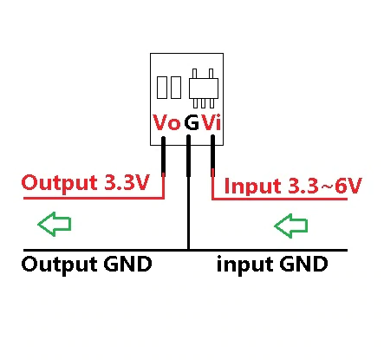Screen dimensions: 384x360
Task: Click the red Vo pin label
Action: pos(166,122)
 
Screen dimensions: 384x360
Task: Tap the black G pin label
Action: pos(192,122)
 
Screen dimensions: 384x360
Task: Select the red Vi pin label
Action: pos(212,122)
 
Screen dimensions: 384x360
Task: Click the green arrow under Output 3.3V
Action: pos(55,224)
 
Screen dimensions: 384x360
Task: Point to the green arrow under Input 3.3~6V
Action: pos(290,226)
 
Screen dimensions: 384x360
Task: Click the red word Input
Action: pos(252,187)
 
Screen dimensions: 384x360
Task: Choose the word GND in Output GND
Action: pos(128,264)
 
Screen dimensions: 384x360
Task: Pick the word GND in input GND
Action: pos(303,264)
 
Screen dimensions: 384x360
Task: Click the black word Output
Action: pos(60,265)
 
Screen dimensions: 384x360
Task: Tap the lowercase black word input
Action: pos(245,265)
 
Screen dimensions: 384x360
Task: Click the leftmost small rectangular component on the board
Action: pos(162,88)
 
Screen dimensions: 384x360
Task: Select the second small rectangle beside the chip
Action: pos(176,88)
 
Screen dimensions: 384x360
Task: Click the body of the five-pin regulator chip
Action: pos(204,88)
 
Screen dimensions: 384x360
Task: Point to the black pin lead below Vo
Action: pos(163,155)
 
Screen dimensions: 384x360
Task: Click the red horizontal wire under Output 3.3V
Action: pos(94,198)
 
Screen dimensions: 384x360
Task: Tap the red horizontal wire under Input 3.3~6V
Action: pos(280,199)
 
